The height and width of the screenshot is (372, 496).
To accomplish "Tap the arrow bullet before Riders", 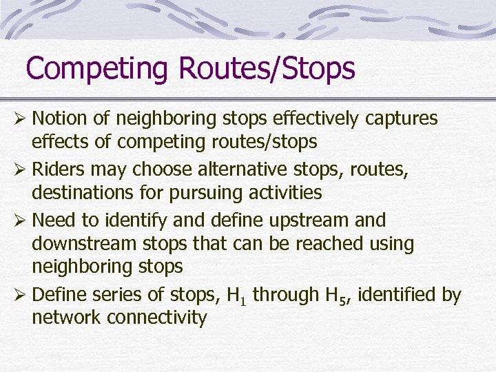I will [22, 169].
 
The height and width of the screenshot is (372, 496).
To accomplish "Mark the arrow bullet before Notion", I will [22, 119].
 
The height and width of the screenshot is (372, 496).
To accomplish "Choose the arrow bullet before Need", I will [22, 220].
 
